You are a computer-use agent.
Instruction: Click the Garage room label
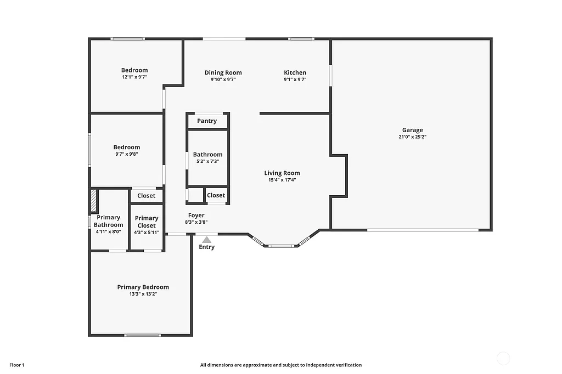pos(412,130)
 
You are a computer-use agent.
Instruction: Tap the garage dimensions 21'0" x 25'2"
pos(412,137)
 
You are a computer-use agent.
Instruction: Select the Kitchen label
pos(295,72)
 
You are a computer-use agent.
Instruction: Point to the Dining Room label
pos(223,72)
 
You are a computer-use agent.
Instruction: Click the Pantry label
pos(207,121)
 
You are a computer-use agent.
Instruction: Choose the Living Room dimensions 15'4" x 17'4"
pos(282,180)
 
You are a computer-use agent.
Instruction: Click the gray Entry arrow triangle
pos(206,240)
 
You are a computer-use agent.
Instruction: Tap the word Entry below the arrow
pos(206,247)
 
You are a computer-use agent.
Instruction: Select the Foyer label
pos(196,216)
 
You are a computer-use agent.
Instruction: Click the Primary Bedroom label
pos(143,287)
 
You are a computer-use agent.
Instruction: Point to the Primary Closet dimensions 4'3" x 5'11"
pos(147,233)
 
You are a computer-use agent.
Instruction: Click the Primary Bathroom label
pos(108,221)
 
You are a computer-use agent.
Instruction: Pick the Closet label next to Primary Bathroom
pos(146,195)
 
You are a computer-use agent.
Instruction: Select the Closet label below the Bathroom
pos(216,195)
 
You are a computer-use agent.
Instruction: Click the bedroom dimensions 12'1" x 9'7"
pos(134,77)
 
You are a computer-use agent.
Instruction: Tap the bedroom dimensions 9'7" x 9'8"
pos(127,154)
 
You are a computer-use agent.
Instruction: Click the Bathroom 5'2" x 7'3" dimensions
pos(207,161)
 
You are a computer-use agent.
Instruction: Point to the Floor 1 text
pos(17,365)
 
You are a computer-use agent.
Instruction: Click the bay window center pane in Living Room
pos(282,246)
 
